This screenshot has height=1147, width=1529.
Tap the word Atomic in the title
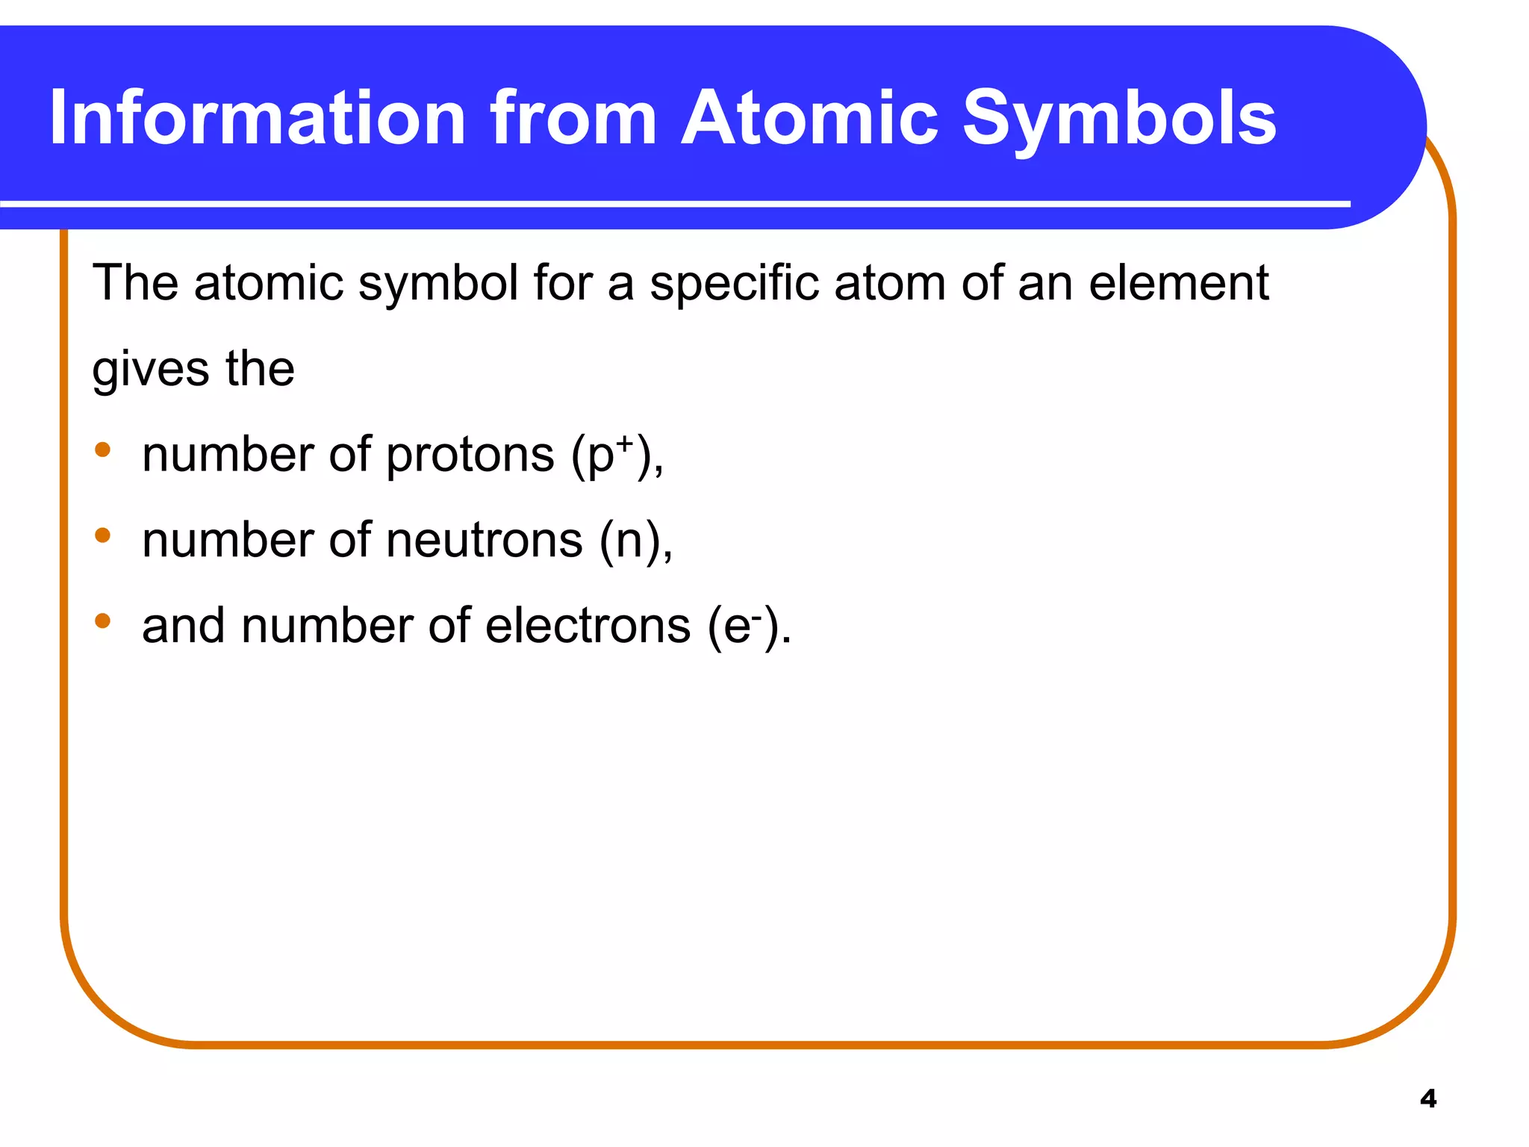click(809, 118)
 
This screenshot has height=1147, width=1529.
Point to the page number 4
click(1427, 1098)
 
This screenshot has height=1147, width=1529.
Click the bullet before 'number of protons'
click(103, 450)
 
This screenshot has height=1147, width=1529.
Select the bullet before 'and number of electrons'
click(103, 621)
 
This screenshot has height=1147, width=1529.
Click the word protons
click(470, 455)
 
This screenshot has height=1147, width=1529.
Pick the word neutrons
click(485, 540)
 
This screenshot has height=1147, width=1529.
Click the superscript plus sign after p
click(624, 444)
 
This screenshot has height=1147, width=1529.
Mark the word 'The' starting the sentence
click(135, 283)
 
